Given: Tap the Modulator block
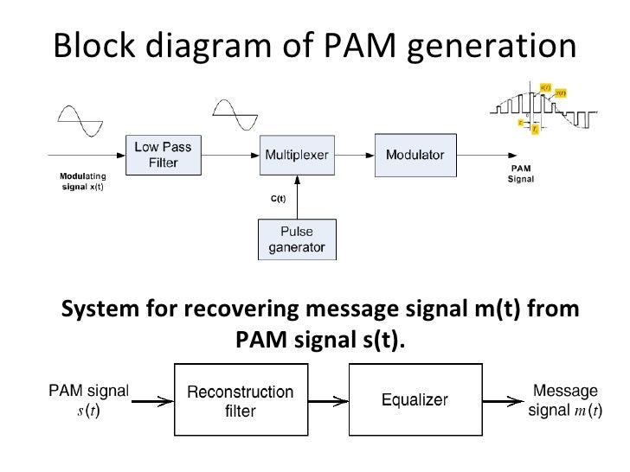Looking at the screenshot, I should click(415, 155).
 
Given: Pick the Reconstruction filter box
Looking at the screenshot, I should click(240, 401).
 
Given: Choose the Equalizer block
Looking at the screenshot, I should click(415, 400).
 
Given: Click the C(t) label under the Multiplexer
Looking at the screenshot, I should click(279, 198).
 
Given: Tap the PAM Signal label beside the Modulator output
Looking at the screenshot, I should click(519, 174).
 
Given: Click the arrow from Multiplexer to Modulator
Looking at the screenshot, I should click(354, 156).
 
